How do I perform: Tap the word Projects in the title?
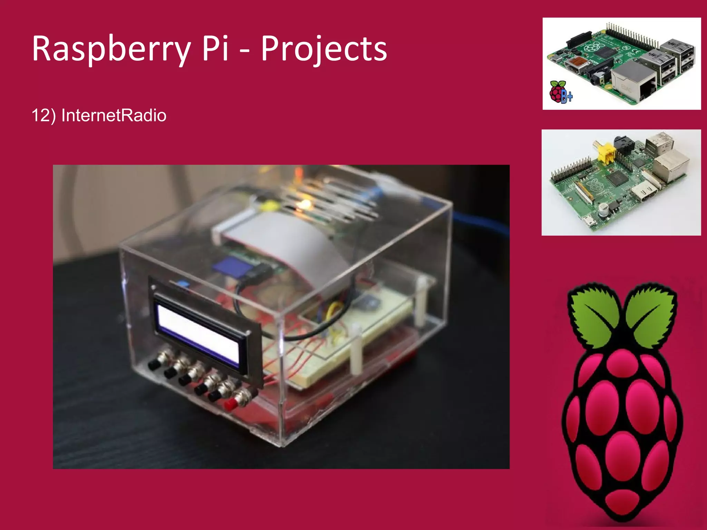[x=324, y=49]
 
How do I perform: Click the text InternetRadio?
[x=114, y=115]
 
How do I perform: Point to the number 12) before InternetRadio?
[x=43, y=115]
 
